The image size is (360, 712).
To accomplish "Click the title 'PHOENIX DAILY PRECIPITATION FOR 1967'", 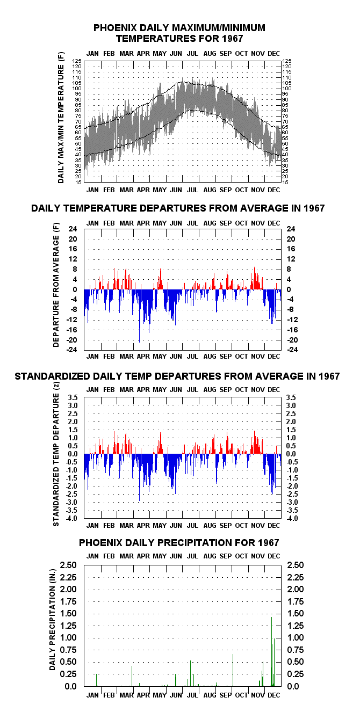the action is (179, 542).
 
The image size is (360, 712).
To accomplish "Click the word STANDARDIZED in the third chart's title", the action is (53, 376).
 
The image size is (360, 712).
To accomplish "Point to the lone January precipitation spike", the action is (96, 680).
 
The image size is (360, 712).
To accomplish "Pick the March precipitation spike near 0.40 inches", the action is (132, 676).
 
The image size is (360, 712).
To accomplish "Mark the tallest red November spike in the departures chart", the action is (255, 278).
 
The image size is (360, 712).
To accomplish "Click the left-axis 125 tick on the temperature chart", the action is (77, 61).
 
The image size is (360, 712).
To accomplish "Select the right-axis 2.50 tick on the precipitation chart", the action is (296, 565).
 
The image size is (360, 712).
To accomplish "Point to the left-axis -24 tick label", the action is (71, 350).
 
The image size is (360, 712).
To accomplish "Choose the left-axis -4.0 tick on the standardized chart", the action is (72, 518).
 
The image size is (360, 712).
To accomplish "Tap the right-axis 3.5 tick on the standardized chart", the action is (291, 397).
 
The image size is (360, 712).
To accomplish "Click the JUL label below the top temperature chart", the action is (192, 190).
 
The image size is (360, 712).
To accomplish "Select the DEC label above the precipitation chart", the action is (274, 556).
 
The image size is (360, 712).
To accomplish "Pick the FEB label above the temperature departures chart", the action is (109, 223).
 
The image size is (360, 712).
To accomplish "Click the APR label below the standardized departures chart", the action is (143, 526).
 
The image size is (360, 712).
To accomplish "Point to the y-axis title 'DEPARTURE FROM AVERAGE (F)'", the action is (56, 285).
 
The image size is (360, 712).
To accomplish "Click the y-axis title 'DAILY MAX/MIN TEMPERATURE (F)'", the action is (61, 117).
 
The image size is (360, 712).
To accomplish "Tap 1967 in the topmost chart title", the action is (233, 39).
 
